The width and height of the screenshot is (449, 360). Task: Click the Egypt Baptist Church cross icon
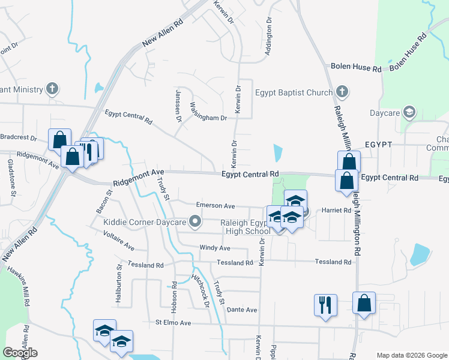(342, 92)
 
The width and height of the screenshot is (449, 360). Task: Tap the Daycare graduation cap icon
(409, 112)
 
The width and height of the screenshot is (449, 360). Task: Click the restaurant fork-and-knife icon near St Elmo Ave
(325, 305)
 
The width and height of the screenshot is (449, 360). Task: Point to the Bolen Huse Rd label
(357, 68)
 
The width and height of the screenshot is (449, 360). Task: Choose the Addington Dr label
(270, 37)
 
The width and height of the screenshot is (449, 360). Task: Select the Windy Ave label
(215, 248)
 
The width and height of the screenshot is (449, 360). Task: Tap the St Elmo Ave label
(173, 323)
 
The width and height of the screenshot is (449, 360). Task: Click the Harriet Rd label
(337, 211)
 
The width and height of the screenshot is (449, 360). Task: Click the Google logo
(20, 353)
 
